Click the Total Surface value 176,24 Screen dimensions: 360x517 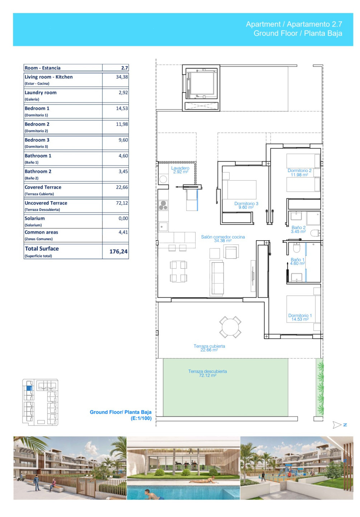pos(118,251)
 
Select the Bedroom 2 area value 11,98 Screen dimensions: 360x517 pos(122,124)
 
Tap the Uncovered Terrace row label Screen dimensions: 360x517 pos(46,203)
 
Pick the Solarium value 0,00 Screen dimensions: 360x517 pos(123,218)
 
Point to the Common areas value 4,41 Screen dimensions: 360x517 pos(123,232)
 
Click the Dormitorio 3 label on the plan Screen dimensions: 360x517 pos(246,205)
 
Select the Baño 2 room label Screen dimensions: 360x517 pos(298,229)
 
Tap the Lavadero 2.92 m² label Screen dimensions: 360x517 pos(180,170)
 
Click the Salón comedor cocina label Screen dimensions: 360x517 pos(223,239)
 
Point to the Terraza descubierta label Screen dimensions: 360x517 pos(207,373)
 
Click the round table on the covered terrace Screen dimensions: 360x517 pos(230,327)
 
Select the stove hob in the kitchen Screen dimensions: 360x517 pos(163,205)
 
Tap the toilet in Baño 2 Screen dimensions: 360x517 pos(315,233)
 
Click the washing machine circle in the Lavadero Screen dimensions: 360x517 pos(163,180)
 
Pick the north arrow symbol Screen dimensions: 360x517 pos(340,425)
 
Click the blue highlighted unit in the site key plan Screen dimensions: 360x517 pos(29,388)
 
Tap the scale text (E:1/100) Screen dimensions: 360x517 pos(141,418)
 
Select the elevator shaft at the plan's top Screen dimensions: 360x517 pos(201,88)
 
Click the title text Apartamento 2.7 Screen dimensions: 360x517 pos(314,24)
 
